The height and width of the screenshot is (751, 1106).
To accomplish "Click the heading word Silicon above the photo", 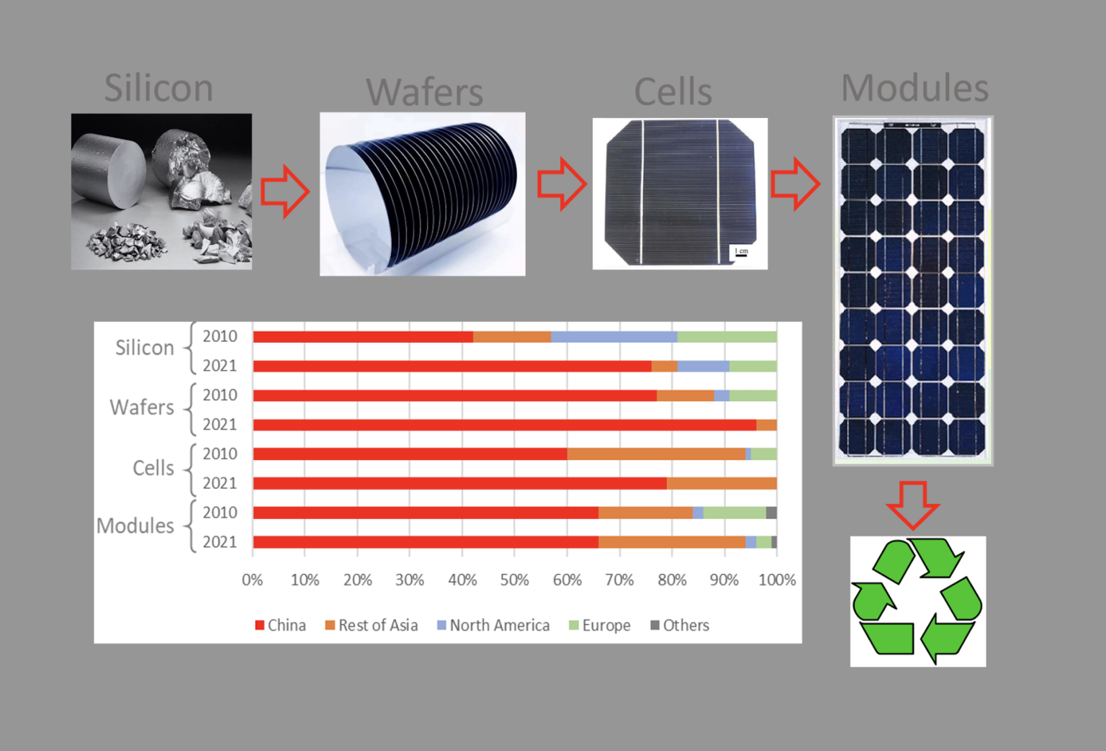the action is pyautogui.click(x=158, y=88).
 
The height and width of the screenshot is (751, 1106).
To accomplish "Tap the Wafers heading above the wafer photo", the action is pyautogui.click(x=424, y=91).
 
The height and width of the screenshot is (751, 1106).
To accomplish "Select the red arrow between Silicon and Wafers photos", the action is pyautogui.click(x=285, y=191).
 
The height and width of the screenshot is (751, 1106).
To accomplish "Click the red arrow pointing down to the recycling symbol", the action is pyautogui.click(x=913, y=505).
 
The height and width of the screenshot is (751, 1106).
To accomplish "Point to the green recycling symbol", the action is pyautogui.click(x=917, y=601).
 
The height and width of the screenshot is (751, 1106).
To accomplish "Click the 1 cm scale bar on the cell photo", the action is pyautogui.click(x=741, y=256).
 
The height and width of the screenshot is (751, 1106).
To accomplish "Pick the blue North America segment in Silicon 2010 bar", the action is pyautogui.click(x=613, y=337).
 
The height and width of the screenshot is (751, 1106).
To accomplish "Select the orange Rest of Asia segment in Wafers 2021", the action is pyautogui.click(x=766, y=425).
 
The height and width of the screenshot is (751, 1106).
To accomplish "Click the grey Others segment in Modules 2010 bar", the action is pyautogui.click(x=771, y=513).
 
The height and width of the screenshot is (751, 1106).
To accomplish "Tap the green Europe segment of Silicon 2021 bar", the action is pyautogui.click(x=753, y=366).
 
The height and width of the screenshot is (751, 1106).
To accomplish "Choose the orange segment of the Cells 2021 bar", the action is pyautogui.click(x=721, y=483).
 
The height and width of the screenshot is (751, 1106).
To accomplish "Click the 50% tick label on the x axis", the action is pyautogui.click(x=515, y=580).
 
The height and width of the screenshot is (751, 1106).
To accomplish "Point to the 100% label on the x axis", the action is pyautogui.click(x=777, y=580).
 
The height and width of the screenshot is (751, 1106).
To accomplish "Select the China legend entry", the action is pyautogui.click(x=280, y=625).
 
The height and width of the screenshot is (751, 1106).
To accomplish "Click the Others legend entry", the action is pyautogui.click(x=680, y=625).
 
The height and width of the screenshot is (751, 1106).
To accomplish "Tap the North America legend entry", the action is pyautogui.click(x=494, y=625).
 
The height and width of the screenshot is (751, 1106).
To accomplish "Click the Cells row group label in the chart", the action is pyautogui.click(x=153, y=468).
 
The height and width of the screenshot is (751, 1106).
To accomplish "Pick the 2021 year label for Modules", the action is pyautogui.click(x=220, y=542).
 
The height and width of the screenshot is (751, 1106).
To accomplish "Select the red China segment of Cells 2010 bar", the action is pyautogui.click(x=410, y=454).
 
